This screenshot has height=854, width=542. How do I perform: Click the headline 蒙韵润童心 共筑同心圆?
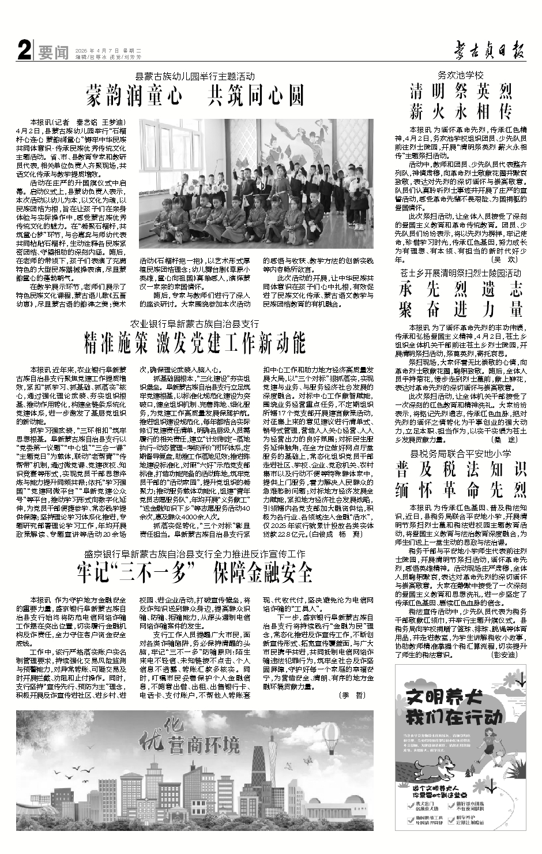click(195, 94)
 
